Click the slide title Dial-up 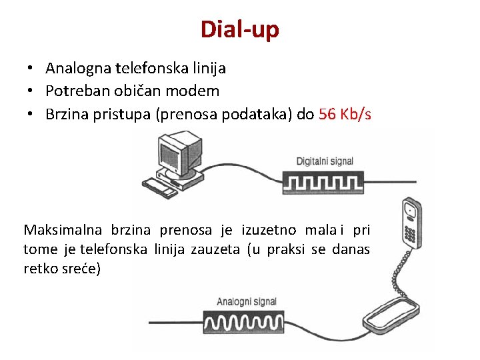240,29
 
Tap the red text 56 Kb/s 345,114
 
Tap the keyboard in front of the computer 160,187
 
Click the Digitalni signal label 325,161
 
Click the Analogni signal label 247,301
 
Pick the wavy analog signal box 248,323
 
